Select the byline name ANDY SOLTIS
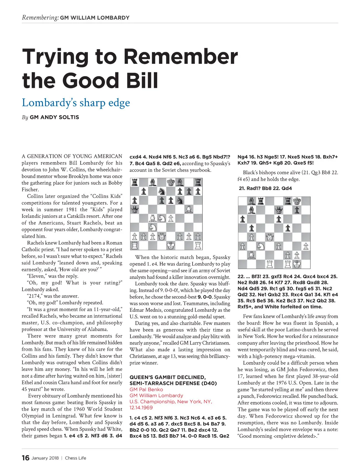tap(54, 117)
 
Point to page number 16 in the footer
tap(25, 458)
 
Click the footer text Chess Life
tap(76, 458)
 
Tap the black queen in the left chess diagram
tap(135, 209)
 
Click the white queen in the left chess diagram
tap(162, 237)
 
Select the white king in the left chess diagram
tap(171, 246)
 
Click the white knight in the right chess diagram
tap(260, 246)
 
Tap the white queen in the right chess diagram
tap(270, 237)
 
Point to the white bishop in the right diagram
tap(251, 255)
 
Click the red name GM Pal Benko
tap(146, 389)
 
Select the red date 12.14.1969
tap(141, 408)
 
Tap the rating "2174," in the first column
tap(36, 296)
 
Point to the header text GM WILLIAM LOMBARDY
tap(95, 18)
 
